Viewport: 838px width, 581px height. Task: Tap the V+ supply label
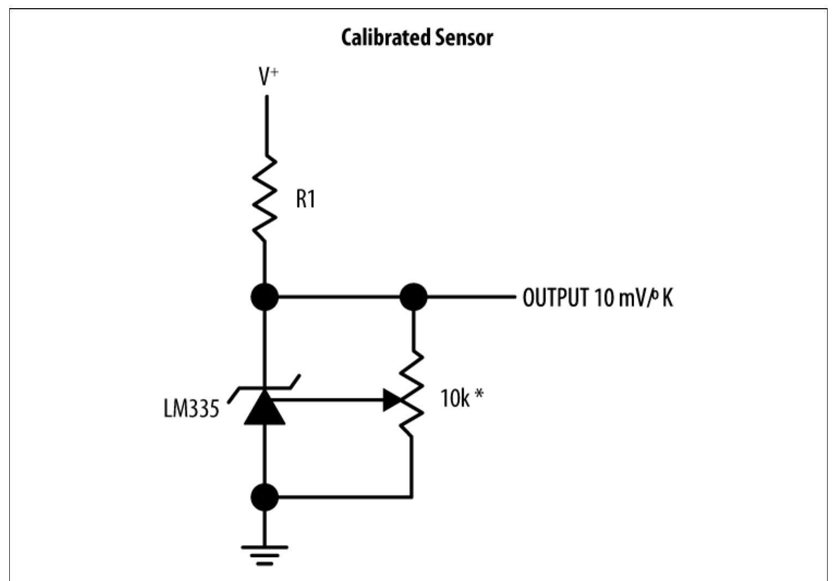pos(268,77)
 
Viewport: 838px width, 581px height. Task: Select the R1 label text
pos(305,199)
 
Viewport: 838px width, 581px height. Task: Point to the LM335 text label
pos(191,408)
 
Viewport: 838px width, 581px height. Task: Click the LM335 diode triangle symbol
pos(265,408)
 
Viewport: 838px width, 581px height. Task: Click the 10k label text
pos(454,399)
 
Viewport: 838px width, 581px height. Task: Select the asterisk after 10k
pos(478,394)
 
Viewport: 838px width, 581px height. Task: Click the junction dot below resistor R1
pos(265,297)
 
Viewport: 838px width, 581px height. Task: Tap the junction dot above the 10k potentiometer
pos(414,297)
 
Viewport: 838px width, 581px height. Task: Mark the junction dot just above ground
pos(265,497)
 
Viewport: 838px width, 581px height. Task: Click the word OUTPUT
pos(555,298)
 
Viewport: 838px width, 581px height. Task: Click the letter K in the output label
pos(667,298)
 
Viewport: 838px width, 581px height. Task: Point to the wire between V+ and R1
pos(266,125)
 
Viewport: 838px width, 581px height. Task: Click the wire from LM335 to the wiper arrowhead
pos(327,400)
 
